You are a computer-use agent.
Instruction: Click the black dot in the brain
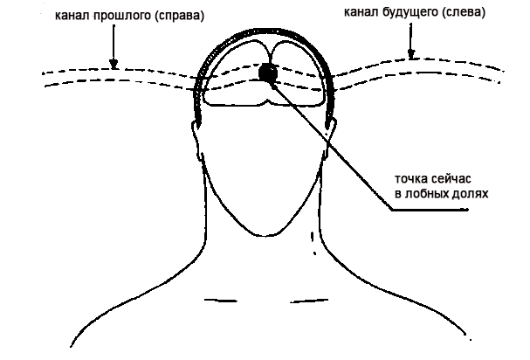pyautogui.click(x=267, y=73)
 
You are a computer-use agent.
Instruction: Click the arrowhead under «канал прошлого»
pyautogui.click(x=112, y=63)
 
